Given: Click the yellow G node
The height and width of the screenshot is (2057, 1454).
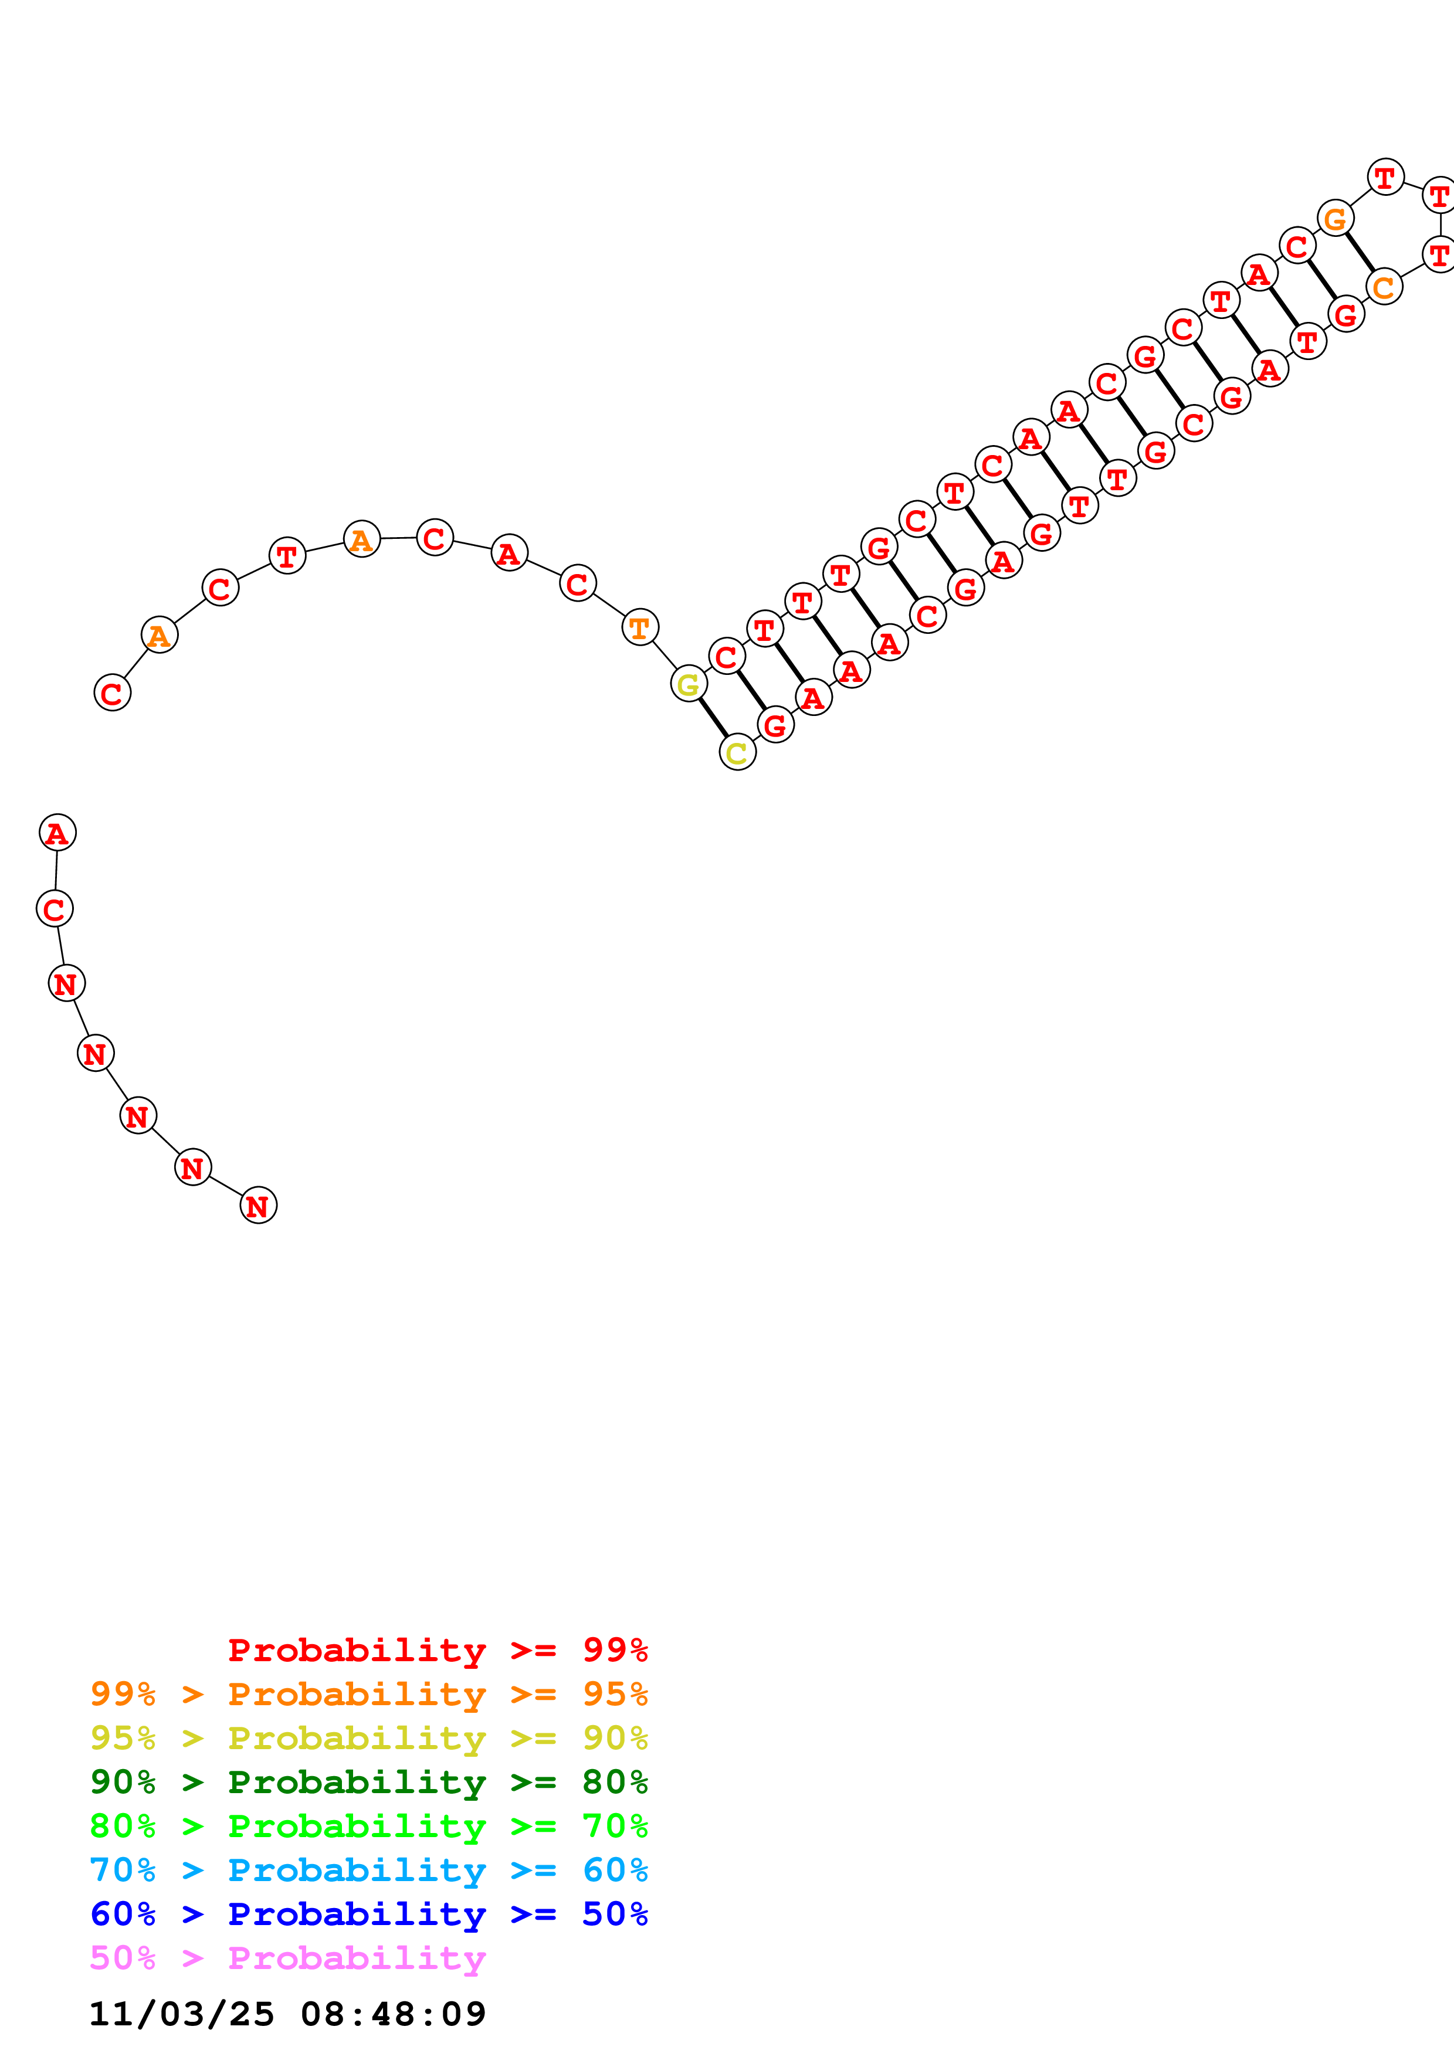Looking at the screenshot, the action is [688, 684].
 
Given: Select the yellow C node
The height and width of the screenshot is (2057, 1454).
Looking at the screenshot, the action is [737, 752].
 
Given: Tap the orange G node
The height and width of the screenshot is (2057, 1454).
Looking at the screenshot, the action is [1335, 218].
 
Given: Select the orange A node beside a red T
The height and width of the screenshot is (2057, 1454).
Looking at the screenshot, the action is [362, 539].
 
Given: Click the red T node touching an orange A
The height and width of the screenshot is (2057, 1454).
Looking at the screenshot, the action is [287, 555].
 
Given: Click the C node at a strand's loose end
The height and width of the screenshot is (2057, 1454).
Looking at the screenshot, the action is [112, 693].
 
